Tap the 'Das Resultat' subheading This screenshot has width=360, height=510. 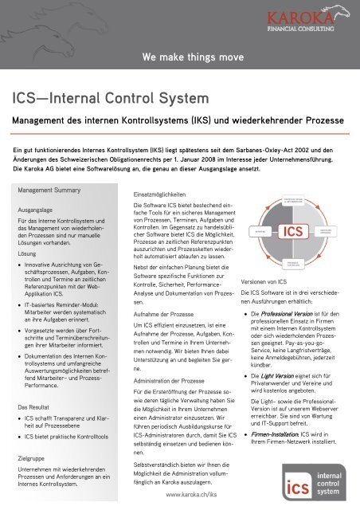point(37,384)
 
